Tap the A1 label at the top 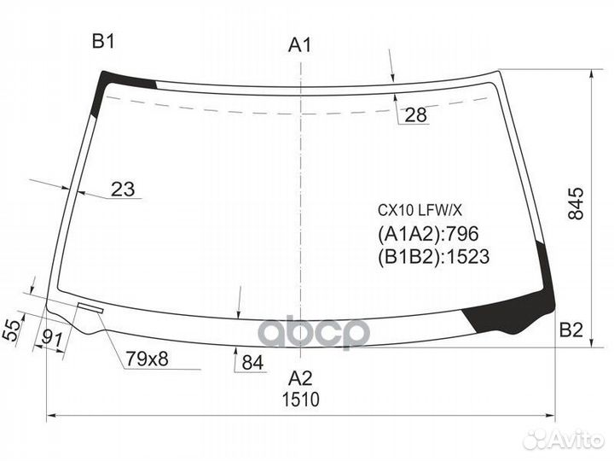click(x=299, y=45)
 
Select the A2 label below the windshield click(x=299, y=379)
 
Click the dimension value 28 click(x=416, y=115)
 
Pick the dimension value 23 click(x=124, y=190)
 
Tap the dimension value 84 click(x=252, y=363)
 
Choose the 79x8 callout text click(x=148, y=359)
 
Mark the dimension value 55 click(x=11, y=329)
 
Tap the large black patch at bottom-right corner click(x=510, y=312)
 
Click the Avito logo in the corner click(x=565, y=439)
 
